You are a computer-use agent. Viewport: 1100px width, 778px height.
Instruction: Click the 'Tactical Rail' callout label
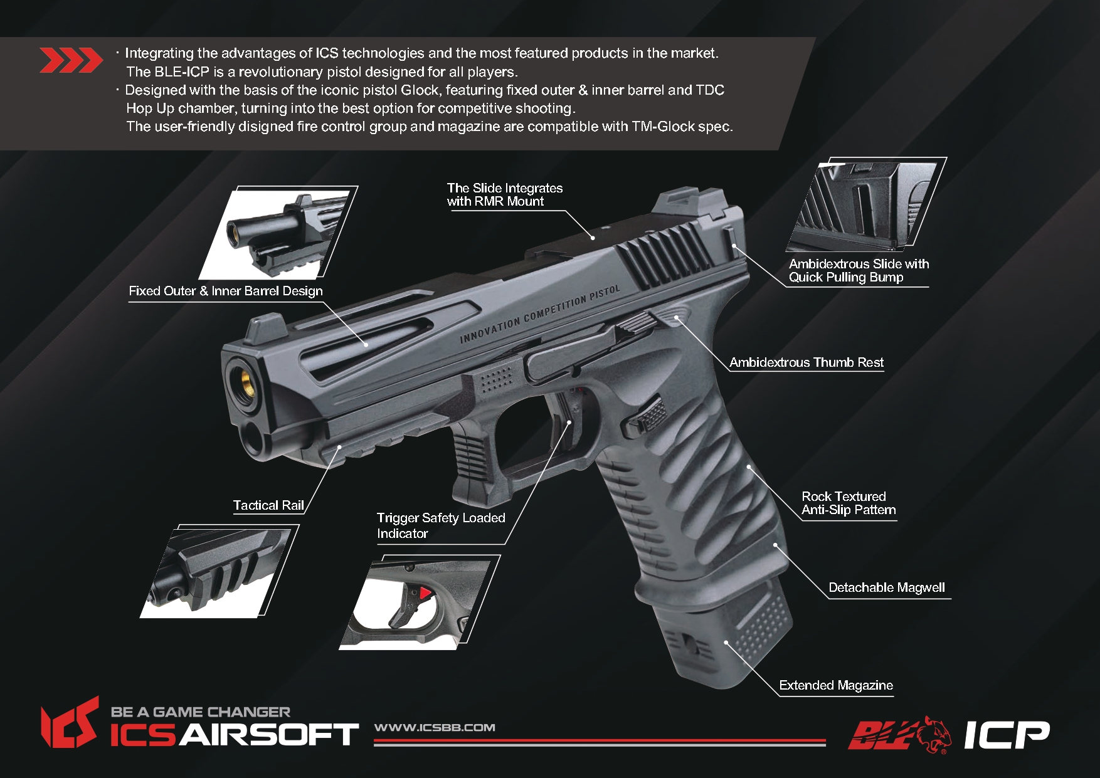[268, 505]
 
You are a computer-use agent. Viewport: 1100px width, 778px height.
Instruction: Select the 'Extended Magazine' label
[836, 685]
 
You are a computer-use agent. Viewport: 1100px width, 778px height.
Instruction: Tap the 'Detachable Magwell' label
[887, 587]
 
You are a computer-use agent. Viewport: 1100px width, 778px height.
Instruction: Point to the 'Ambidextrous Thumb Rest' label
[806, 362]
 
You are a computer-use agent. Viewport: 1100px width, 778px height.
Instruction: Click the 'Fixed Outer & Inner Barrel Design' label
[226, 291]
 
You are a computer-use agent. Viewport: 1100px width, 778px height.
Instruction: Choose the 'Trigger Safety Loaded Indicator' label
[441, 525]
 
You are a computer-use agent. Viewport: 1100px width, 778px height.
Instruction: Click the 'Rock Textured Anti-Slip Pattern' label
[849, 503]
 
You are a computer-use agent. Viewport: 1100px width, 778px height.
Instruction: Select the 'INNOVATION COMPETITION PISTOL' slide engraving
[540, 314]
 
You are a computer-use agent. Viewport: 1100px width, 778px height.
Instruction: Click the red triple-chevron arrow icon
[71, 60]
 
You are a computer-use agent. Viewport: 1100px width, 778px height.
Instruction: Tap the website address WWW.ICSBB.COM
[435, 727]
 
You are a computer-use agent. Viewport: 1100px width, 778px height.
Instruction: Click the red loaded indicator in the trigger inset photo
[425, 592]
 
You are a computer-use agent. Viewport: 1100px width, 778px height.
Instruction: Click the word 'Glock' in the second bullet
[420, 90]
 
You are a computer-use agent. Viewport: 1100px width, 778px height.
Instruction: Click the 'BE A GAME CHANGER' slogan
[201, 712]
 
